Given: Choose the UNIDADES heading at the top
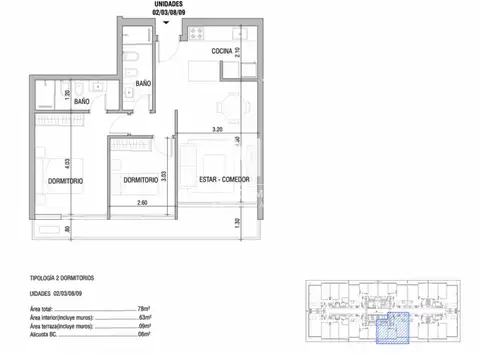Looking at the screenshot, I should (166, 3).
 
